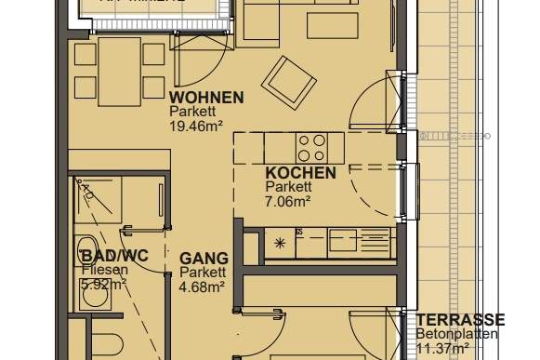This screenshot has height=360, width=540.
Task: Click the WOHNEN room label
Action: coord(206,97)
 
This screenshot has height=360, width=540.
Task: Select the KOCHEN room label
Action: coord(300,174)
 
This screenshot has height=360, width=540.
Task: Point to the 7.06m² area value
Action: coord(287,198)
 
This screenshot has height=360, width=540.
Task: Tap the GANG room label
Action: coord(202,259)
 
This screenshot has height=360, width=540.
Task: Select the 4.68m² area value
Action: coord(202,286)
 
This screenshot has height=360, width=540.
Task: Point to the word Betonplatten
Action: coord(468,334)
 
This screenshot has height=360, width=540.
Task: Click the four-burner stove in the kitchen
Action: coord(311,145)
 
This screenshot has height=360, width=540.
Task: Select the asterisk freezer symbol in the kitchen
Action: coord(280,244)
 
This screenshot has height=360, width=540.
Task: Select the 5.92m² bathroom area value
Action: coord(102,285)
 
